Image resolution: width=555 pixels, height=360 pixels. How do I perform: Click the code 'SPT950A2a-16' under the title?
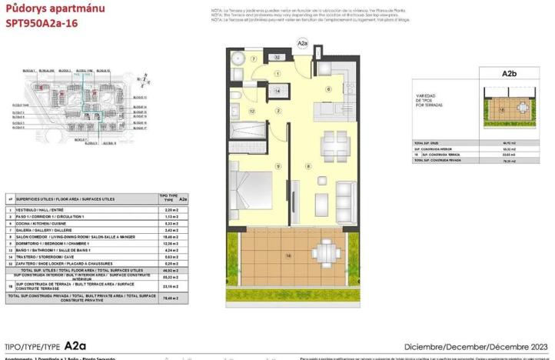[x=42, y=22]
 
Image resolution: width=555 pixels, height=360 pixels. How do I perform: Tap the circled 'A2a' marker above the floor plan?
[x=302, y=45]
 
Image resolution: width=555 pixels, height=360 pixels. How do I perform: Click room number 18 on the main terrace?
[x=288, y=255]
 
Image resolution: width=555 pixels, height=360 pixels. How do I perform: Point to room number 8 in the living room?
[x=309, y=166]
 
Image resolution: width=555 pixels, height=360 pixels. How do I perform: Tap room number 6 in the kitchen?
[x=327, y=89]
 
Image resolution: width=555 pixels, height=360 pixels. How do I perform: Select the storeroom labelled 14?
[x=278, y=91]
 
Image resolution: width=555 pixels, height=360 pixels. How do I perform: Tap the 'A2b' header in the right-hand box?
[x=508, y=74]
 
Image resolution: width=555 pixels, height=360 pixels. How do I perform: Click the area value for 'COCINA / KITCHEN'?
[x=171, y=224]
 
